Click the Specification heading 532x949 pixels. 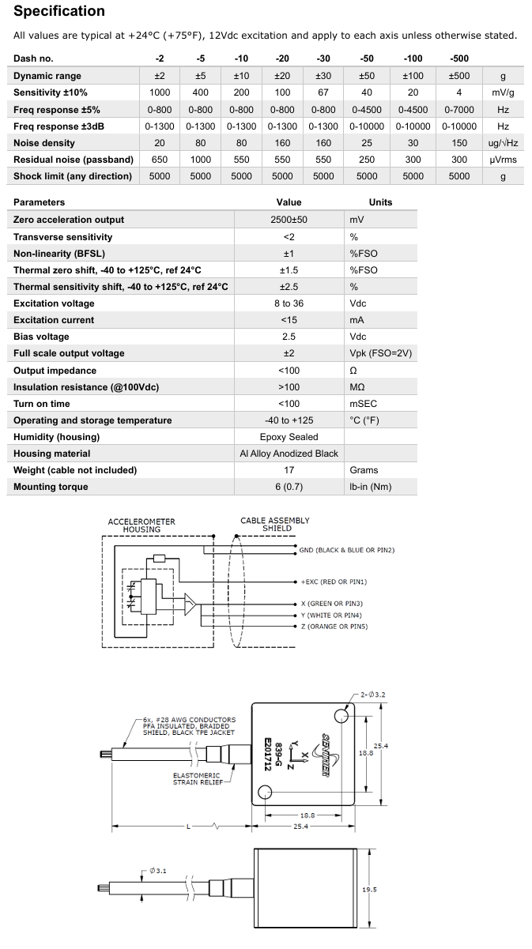(59, 11)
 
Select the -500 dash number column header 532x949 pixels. (459, 58)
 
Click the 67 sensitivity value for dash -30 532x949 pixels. (323, 92)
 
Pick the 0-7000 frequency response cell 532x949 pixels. (459, 109)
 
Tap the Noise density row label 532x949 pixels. (44, 143)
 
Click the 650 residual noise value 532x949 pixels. (160, 160)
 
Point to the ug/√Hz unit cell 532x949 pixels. (503, 143)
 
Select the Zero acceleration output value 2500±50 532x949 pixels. (289, 220)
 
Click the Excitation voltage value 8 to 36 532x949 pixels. (289, 303)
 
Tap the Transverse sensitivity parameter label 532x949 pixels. (63, 237)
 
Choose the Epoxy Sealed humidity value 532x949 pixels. (289, 437)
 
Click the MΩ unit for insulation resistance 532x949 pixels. (357, 387)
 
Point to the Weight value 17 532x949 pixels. (289, 470)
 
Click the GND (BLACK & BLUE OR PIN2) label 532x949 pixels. (346, 550)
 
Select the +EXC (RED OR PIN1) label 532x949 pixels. (334, 582)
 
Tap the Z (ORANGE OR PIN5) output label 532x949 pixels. (334, 627)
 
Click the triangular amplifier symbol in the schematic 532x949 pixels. (190, 605)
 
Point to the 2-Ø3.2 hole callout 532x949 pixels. (373, 695)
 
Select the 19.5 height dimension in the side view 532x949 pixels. (368, 890)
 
